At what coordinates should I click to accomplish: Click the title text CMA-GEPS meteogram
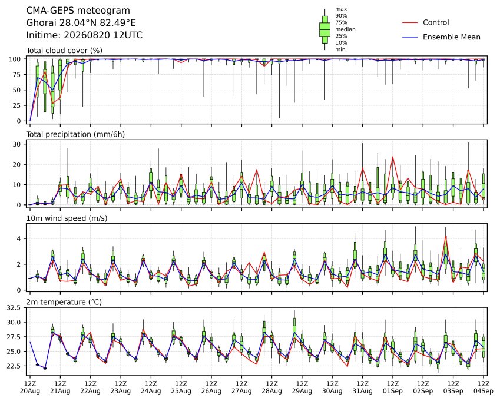(x=78, y=11)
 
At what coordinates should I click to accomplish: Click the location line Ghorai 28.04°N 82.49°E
(x=81, y=23)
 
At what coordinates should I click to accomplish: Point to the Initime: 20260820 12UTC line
(x=84, y=35)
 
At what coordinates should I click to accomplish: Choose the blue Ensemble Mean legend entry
(x=441, y=37)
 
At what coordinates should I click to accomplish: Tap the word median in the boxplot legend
(x=345, y=29)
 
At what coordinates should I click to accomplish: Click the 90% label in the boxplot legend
(x=341, y=16)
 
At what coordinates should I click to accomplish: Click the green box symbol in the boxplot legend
(x=324, y=29)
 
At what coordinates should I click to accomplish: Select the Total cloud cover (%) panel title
(x=64, y=51)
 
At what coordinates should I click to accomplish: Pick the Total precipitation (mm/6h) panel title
(x=75, y=134)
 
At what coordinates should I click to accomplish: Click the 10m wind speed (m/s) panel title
(x=67, y=218)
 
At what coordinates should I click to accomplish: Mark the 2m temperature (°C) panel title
(x=64, y=302)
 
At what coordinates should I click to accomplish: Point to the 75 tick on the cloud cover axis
(x=16, y=75)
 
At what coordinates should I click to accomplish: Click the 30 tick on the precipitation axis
(x=16, y=144)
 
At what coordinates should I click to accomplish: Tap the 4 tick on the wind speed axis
(x=19, y=238)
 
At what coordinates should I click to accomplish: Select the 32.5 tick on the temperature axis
(x=14, y=307)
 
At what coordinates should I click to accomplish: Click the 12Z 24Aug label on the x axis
(x=151, y=387)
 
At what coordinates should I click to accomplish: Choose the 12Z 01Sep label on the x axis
(x=393, y=387)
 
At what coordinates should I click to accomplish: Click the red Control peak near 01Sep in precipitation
(x=393, y=157)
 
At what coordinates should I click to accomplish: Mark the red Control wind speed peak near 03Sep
(x=445, y=236)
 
